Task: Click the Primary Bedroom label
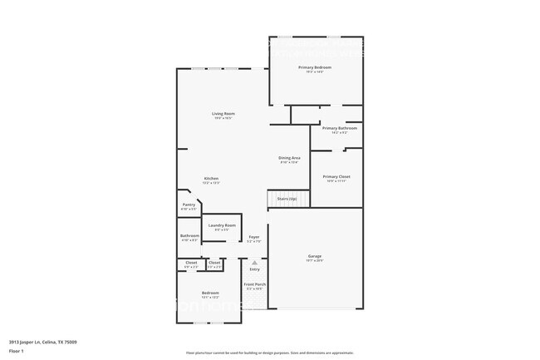315,67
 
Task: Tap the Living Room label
223,113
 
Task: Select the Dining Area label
289,157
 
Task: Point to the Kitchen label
212,179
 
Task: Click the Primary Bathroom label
340,128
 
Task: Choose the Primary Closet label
336,176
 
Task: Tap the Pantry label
189,205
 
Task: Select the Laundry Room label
223,225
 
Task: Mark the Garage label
315,256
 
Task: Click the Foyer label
254,238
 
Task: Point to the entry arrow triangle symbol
255,262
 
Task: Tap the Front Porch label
254,285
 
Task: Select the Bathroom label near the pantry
189,236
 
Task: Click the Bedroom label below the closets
210,293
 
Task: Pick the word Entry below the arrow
255,269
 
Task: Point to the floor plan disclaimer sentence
270,353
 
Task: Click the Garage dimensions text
315,261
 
